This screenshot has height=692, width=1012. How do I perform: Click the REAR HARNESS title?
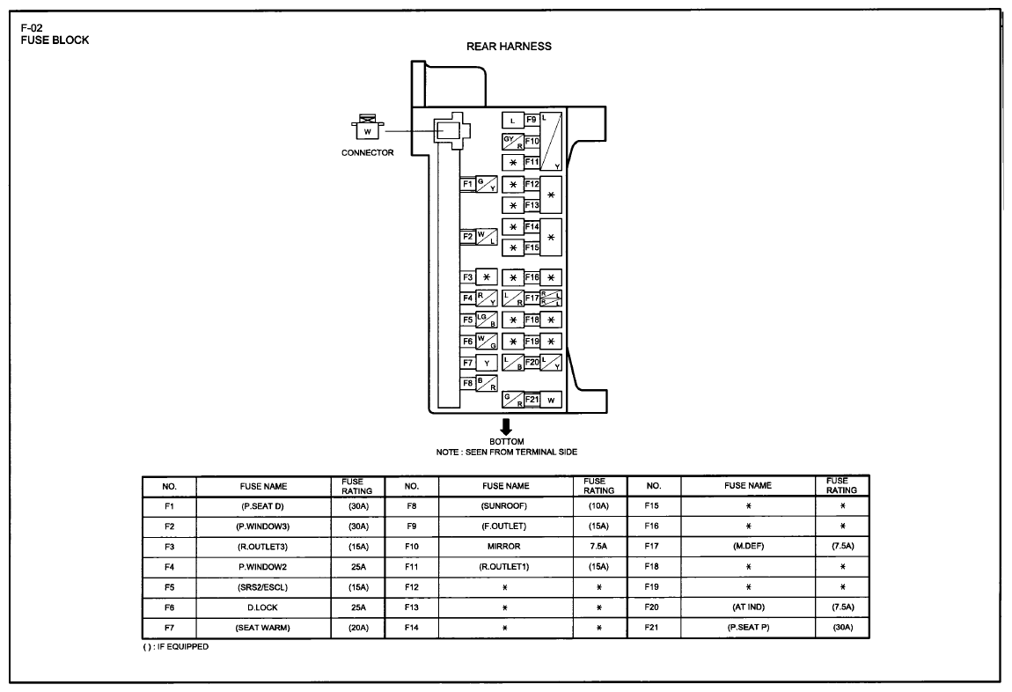pyautogui.click(x=509, y=47)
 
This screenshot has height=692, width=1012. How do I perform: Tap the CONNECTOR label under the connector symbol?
pyautogui.click(x=367, y=153)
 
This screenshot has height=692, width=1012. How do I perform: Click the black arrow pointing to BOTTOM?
pyautogui.click(x=506, y=427)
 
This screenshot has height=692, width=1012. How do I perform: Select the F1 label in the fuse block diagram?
pyautogui.click(x=467, y=184)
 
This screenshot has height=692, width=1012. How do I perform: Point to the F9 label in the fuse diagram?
pyautogui.click(x=532, y=120)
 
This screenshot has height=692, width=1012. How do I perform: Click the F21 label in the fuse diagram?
pyautogui.click(x=532, y=400)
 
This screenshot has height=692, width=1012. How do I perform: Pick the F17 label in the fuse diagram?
pyautogui.click(x=532, y=298)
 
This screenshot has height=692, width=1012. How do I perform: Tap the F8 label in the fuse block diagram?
pyautogui.click(x=467, y=384)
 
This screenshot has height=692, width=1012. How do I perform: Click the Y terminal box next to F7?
pyautogui.click(x=487, y=364)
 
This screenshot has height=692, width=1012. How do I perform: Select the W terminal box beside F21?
pyautogui.click(x=551, y=401)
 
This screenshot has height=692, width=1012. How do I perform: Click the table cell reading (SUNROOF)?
pyautogui.click(x=504, y=506)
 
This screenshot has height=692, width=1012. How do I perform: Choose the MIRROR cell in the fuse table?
pyautogui.click(x=504, y=547)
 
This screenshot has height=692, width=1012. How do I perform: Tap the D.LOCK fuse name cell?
pyautogui.click(x=262, y=607)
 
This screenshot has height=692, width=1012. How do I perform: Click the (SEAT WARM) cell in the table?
pyautogui.click(x=262, y=628)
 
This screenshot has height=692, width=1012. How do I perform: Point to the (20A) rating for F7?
pyautogui.click(x=358, y=628)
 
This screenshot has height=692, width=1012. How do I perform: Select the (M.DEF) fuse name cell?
pyautogui.click(x=748, y=546)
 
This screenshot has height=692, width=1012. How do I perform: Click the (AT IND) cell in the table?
pyautogui.click(x=748, y=607)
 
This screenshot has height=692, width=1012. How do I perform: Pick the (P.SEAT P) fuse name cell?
pyautogui.click(x=748, y=627)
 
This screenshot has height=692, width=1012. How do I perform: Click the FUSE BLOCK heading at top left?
pyautogui.click(x=55, y=40)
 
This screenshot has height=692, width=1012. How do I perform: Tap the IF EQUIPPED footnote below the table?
pyautogui.click(x=175, y=647)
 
